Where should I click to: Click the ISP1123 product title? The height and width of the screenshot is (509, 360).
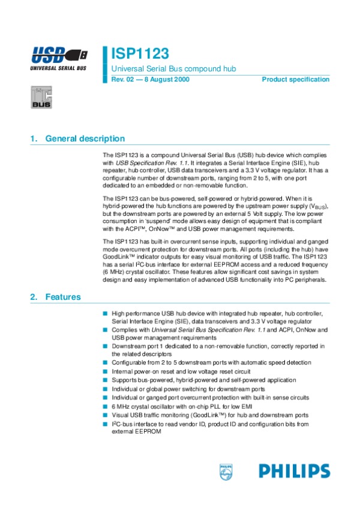point(140,54)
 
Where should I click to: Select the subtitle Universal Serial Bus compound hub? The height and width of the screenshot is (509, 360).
point(173,69)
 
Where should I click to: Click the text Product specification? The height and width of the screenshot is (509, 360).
point(295,80)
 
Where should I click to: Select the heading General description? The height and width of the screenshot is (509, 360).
point(85,139)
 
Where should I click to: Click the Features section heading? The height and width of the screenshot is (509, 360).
point(62,297)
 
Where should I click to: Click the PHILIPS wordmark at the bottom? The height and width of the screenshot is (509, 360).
point(295,471)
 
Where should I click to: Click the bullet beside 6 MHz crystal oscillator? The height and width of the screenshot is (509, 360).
point(104,406)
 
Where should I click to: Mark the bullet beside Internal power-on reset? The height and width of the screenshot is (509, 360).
point(104,372)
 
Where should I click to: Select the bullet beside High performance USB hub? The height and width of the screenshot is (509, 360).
point(104,313)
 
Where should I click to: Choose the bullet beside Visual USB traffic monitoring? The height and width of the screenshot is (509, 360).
point(104,415)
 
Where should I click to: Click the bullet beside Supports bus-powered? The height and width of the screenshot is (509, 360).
point(104,380)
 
